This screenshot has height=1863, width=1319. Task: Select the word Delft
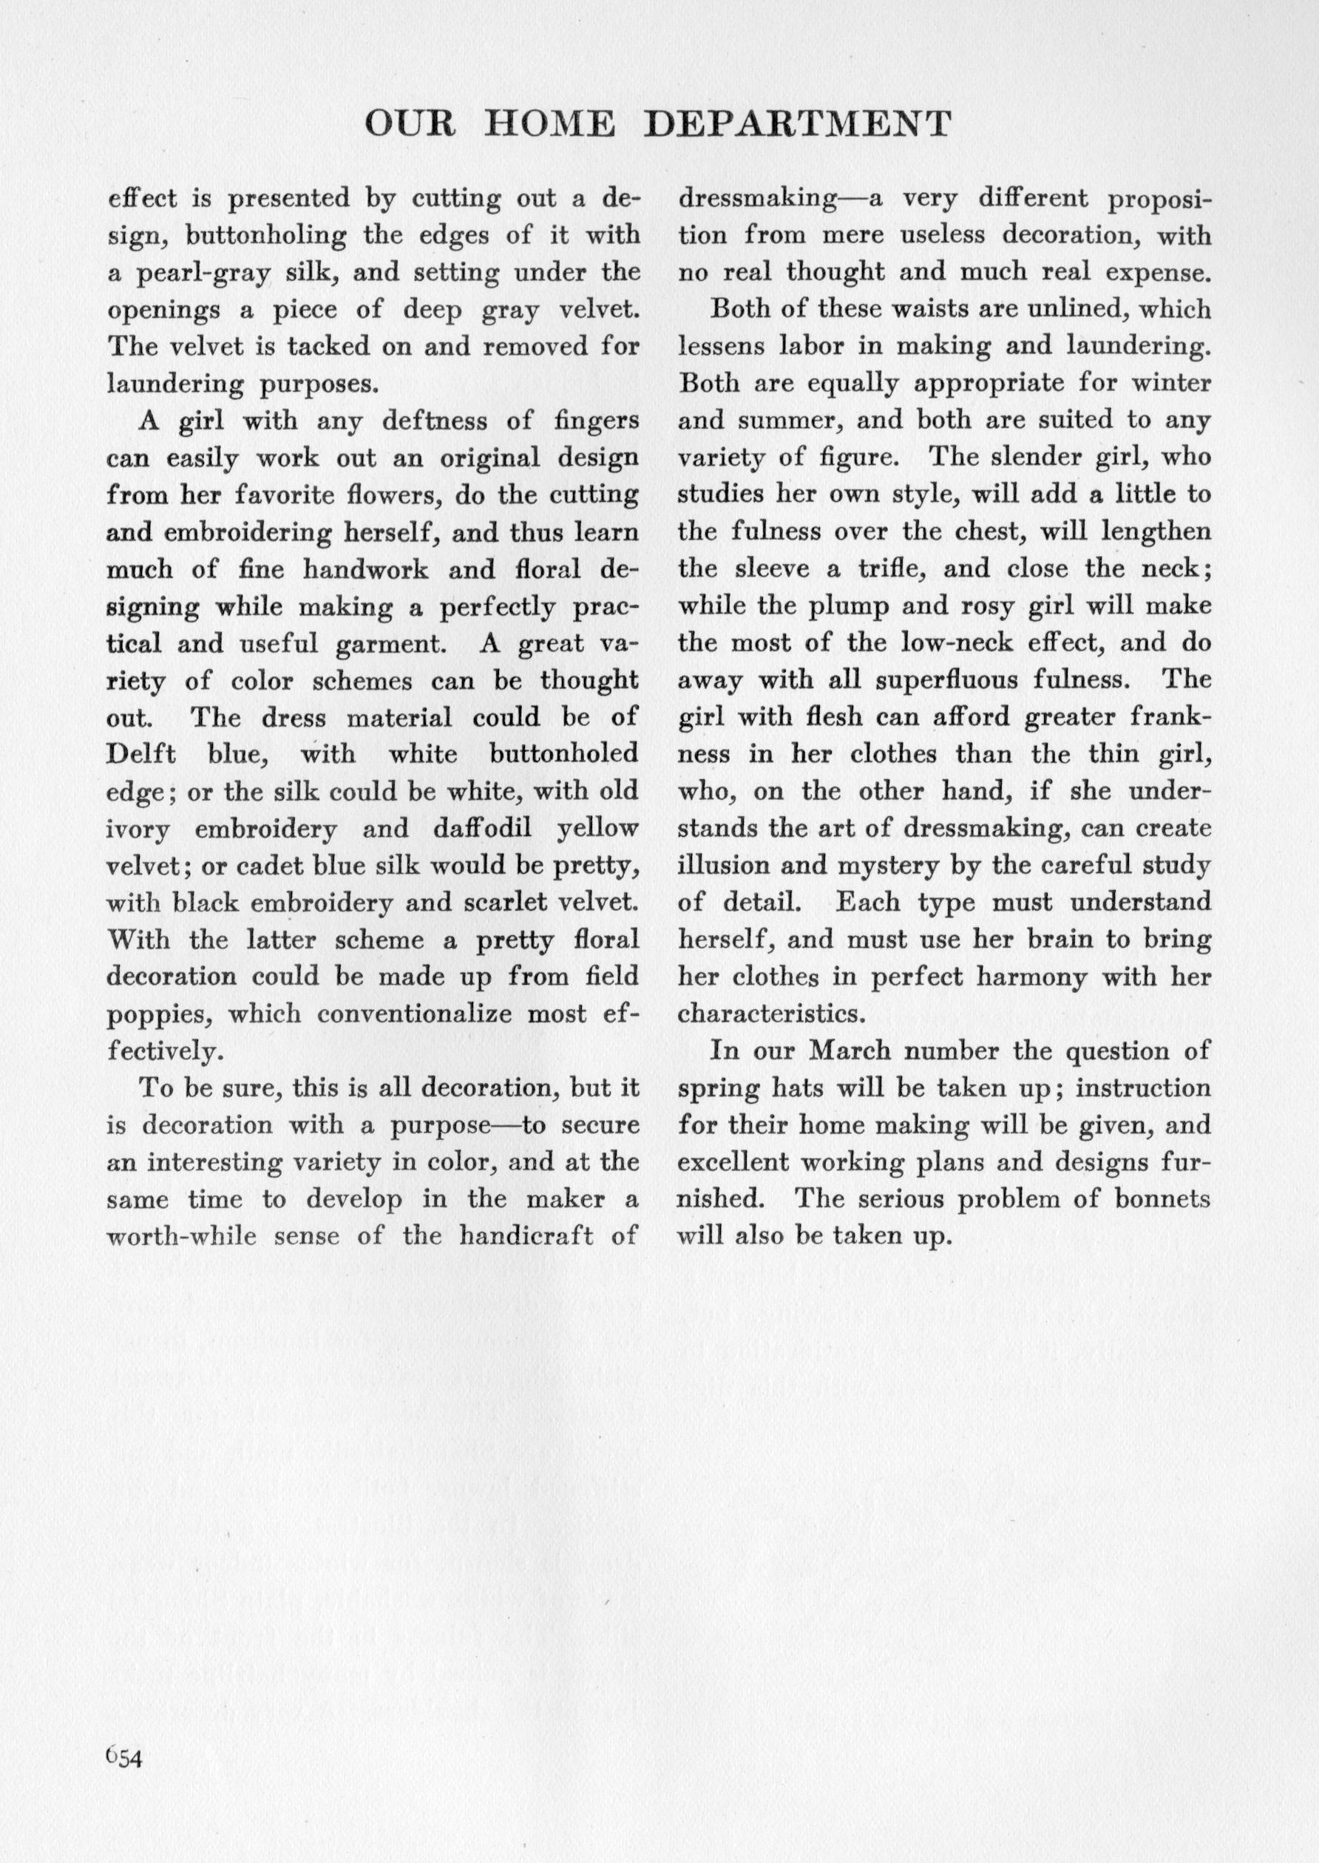click(x=141, y=755)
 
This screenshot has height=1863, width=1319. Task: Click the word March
click(x=850, y=1051)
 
